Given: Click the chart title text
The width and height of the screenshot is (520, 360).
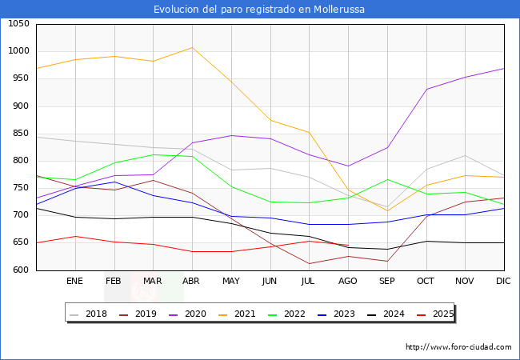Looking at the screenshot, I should click(260, 10).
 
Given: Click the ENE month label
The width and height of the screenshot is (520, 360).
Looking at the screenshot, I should click(74, 282).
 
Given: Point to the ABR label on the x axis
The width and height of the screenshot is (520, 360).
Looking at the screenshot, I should click(191, 282).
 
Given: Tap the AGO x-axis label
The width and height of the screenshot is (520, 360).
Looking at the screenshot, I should click(348, 282).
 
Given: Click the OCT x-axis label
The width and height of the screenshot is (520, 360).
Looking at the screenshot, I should click(426, 282).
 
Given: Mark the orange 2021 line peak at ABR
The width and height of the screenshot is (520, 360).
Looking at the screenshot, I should click(192, 47).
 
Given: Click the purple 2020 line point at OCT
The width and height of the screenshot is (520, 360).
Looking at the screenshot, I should click(426, 89).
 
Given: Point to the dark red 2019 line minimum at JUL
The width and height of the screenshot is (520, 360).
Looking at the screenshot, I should click(309, 263).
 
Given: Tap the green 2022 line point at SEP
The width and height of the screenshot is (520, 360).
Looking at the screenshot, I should click(387, 179).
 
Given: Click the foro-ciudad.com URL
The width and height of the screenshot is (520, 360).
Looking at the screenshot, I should click(458, 347).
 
